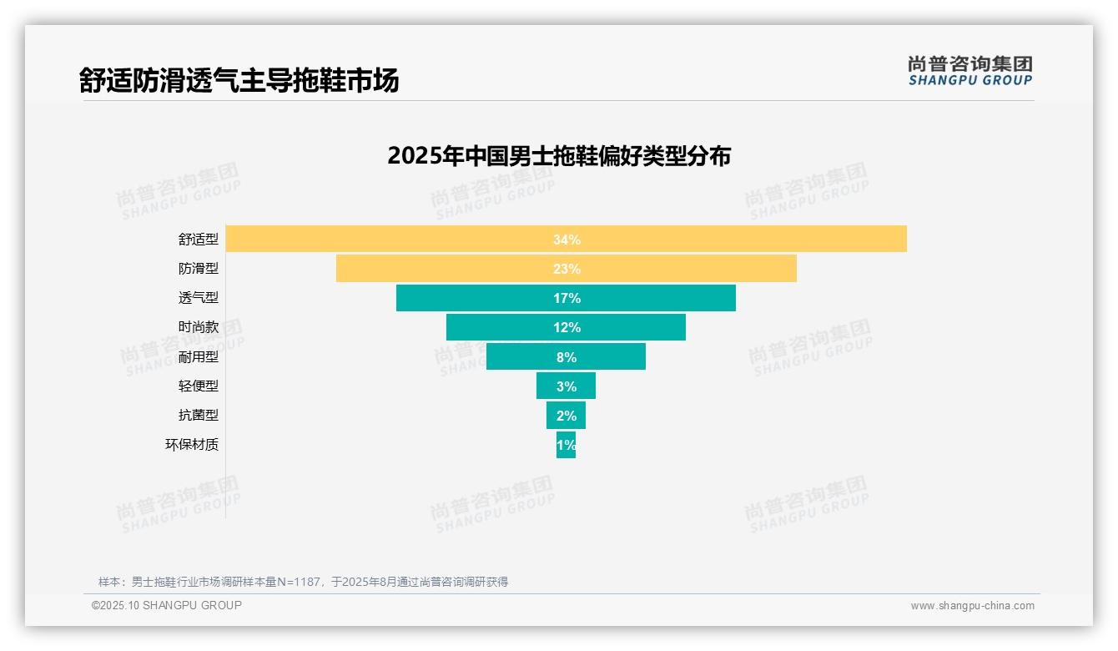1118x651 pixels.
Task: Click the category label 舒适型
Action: (199, 240)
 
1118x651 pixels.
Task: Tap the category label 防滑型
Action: (199, 269)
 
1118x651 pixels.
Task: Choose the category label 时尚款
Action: (199, 327)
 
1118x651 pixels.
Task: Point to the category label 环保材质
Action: (192, 445)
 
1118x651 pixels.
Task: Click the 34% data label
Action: (567, 240)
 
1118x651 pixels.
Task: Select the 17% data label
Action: (567, 298)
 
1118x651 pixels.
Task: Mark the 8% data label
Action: (567, 357)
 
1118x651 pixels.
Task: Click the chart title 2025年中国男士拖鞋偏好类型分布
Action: (559, 156)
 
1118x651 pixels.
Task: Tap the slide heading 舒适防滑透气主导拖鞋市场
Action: (239, 80)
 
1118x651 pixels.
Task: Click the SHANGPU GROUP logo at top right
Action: (969, 71)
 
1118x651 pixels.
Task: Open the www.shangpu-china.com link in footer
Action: (972, 606)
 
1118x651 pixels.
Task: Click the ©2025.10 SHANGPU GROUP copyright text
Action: (167, 605)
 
